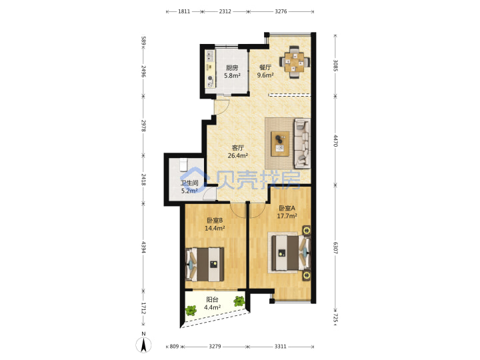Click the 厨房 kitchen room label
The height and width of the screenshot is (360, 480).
click(232, 68)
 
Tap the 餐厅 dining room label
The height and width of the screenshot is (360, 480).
click(265, 67)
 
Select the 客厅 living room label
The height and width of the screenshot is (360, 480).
click(237, 148)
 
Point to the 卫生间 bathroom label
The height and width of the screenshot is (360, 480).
click(189, 183)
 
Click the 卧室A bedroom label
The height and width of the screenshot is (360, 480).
click(287, 209)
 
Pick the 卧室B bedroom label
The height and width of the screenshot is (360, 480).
click(215, 221)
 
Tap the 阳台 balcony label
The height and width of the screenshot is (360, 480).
click(212, 299)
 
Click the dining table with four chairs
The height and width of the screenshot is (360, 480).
click(294, 63)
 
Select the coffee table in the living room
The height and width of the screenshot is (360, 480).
click(280, 144)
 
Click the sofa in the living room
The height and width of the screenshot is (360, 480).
click(302, 143)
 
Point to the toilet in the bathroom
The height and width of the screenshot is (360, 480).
click(183, 165)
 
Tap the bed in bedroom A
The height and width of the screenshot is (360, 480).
click(289, 253)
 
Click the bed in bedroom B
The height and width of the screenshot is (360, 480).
click(205, 265)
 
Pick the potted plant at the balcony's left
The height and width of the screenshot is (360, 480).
click(191, 311)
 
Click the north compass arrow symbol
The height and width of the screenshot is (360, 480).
click(143, 345)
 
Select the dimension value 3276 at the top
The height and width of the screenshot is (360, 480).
click(281, 11)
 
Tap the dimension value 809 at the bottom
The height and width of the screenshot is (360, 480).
click(174, 347)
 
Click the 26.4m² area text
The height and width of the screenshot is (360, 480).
click(237, 155)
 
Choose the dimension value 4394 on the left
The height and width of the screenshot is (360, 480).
click(143, 247)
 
